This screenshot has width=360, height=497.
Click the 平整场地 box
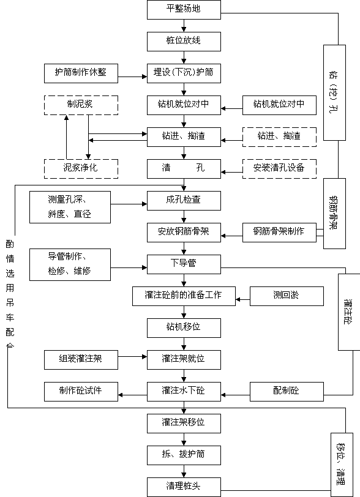tap(184, 10)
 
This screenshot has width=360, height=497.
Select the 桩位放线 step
tap(184, 42)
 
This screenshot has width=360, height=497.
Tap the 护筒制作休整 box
tap(81, 73)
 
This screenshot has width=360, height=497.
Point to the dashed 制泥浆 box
tap(81, 105)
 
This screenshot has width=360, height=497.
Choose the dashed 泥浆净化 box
tap(81, 169)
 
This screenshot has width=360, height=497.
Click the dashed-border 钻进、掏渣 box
tap(279, 137)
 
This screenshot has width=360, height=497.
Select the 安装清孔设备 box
tap(279, 169)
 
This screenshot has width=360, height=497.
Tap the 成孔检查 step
tap(184, 201)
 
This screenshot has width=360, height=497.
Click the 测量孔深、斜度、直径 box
tap(70, 207)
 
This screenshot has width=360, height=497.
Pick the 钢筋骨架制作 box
tap(279, 233)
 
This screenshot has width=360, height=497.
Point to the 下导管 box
tap(184, 264)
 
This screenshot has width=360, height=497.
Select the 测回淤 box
tap(287, 296)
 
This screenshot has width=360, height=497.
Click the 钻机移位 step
tap(184, 328)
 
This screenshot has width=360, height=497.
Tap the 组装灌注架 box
tap(81, 360)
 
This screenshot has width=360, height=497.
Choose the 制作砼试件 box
tap(81, 392)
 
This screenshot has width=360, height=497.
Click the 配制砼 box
tap(287, 392)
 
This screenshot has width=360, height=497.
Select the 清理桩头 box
tap(184, 487)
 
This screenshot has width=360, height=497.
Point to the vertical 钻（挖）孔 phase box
tap(334, 92)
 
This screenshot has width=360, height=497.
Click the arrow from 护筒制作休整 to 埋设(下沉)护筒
tap(132, 77)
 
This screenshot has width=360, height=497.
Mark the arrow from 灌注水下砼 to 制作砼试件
tap(132, 395)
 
